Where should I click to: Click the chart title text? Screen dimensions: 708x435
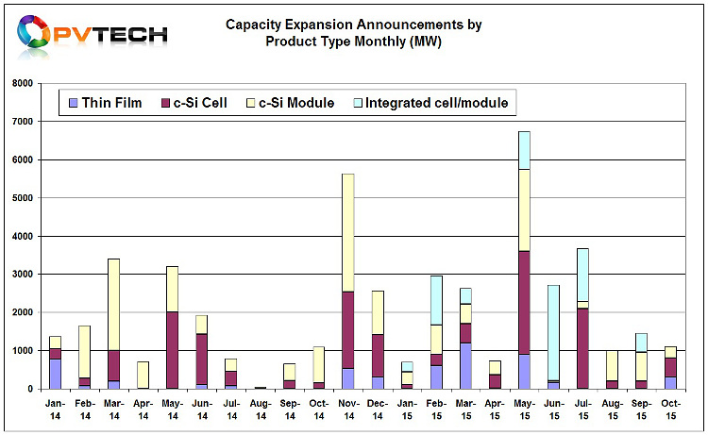(x=354, y=32)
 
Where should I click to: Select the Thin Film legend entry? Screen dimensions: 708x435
(x=105, y=103)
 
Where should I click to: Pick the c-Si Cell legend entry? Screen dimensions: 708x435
(x=194, y=103)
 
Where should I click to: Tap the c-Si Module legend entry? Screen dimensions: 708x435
(x=291, y=103)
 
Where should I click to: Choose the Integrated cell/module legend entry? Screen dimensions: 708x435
(x=430, y=103)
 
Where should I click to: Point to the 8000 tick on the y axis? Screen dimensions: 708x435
(x=23, y=83)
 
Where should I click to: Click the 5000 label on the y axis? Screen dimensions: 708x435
(x=23, y=198)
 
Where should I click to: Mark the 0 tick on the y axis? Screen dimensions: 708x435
(x=30, y=389)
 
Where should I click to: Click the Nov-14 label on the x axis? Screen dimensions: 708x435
(x=349, y=410)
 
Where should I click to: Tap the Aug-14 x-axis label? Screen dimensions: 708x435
(x=261, y=410)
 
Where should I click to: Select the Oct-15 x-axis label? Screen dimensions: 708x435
(x=671, y=410)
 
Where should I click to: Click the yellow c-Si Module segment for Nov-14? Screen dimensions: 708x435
(x=348, y=233)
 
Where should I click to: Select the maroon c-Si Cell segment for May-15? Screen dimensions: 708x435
(x=524, y=303)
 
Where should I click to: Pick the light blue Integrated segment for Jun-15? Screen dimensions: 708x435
(x=553, y=333)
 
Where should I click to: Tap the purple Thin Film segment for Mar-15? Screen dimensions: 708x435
(x=466, y=366)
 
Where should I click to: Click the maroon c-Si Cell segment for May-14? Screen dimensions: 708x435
(x=173, y=350)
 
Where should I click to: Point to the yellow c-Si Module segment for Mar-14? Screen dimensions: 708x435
(x=114, y=305)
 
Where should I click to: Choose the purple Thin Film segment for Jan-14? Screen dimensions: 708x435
(x=55, y=374)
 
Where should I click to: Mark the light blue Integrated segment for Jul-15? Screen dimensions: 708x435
(x=583, y=275)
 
